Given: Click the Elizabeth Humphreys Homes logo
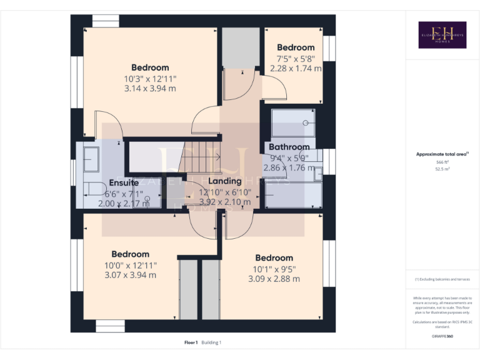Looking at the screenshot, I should (x=442, y=35).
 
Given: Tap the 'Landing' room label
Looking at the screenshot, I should (x=224, y=181).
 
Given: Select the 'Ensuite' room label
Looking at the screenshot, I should (x=124, y=182).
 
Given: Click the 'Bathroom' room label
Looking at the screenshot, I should (x=289, y=147).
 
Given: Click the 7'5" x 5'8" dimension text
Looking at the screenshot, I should (x=296, y=59).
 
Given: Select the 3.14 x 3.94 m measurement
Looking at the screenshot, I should (x=150, y=88).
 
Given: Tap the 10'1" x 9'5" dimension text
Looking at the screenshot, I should (x=274, y=269).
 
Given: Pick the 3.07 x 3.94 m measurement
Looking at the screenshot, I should (x=130, y=275).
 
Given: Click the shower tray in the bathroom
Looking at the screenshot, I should (x=293, y=122).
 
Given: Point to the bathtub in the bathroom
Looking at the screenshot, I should (x=292, y=194).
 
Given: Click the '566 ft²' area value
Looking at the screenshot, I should (x=442, y=162).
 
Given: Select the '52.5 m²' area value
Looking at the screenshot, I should (x=442, y=169).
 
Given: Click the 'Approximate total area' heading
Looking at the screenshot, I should (x=442, y=154).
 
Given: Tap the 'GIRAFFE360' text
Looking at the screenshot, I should (x=442, y=336).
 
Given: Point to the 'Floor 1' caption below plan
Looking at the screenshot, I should (x=191, y=342).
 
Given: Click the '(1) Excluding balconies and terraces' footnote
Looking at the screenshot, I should (x=442, y=279).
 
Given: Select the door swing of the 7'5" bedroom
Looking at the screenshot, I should (x=274, y=92).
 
